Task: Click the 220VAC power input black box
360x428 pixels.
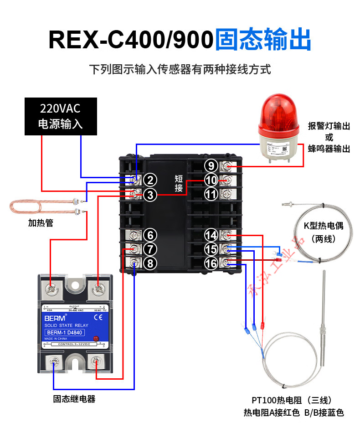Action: click(x=61, y=116)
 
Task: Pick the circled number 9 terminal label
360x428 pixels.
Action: click(x=211, y=166)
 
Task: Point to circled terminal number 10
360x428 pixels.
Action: click(x=211, y=180)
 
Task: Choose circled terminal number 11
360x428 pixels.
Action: click(x=211, y=195)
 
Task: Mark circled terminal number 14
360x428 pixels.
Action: click(x=211, y=235)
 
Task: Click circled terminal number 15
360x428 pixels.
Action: click(x=211, y=249)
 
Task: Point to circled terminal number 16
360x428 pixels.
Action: click(x=211, y=263)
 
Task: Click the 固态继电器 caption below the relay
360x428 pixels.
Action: click(x=74, y=399)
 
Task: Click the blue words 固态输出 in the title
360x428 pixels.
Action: click(x=263, y=40)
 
